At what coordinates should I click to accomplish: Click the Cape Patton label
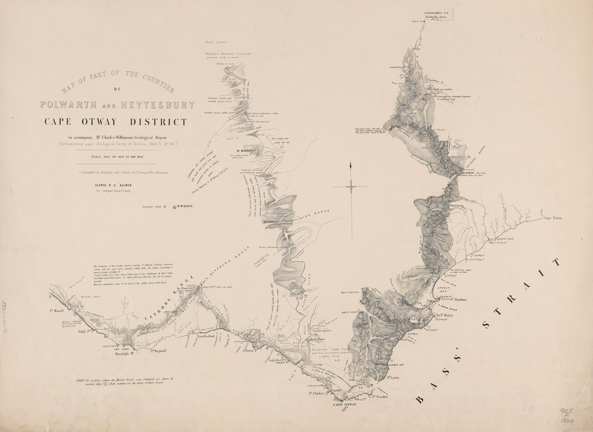click(x=553, y=218)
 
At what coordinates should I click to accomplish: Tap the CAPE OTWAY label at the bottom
click(x=345, y=405)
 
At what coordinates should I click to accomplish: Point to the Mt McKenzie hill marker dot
click(x=174, y=206)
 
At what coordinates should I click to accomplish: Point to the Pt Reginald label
click(x=159, y=351)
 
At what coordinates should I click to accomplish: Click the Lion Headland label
click(x=206, y=336)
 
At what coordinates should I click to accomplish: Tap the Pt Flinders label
click(x=317, y=393)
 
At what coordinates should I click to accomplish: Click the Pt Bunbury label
click(x=459, y=300)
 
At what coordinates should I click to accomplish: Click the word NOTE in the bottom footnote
click(x=80, y=380)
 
